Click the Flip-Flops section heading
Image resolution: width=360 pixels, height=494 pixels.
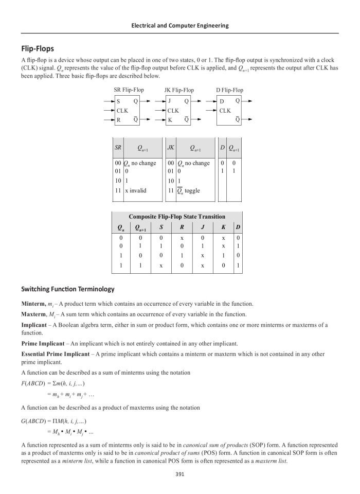point(38,49)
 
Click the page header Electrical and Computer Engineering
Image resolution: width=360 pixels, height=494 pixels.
point(180,25)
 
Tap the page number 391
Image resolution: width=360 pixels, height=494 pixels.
point(180,474)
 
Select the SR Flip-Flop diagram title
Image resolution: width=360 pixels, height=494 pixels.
point(129,90)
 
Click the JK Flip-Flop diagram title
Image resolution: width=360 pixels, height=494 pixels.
point(179,90)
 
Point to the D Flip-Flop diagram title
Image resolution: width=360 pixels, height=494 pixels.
point(229,90)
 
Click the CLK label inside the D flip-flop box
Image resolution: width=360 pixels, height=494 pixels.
point(225,111)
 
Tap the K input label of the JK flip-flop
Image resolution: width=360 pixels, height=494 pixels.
point(170,120)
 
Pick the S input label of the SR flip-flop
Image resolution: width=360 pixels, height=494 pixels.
point(119,101)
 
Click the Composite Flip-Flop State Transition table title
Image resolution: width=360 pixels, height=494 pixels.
point(177,217)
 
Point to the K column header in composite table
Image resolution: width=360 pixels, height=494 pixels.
point(223,227)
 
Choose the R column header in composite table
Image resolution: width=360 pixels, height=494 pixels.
point(182,227)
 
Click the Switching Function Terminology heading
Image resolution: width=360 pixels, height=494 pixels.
point(68,289)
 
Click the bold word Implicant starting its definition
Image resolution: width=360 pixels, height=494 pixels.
point(33,325)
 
